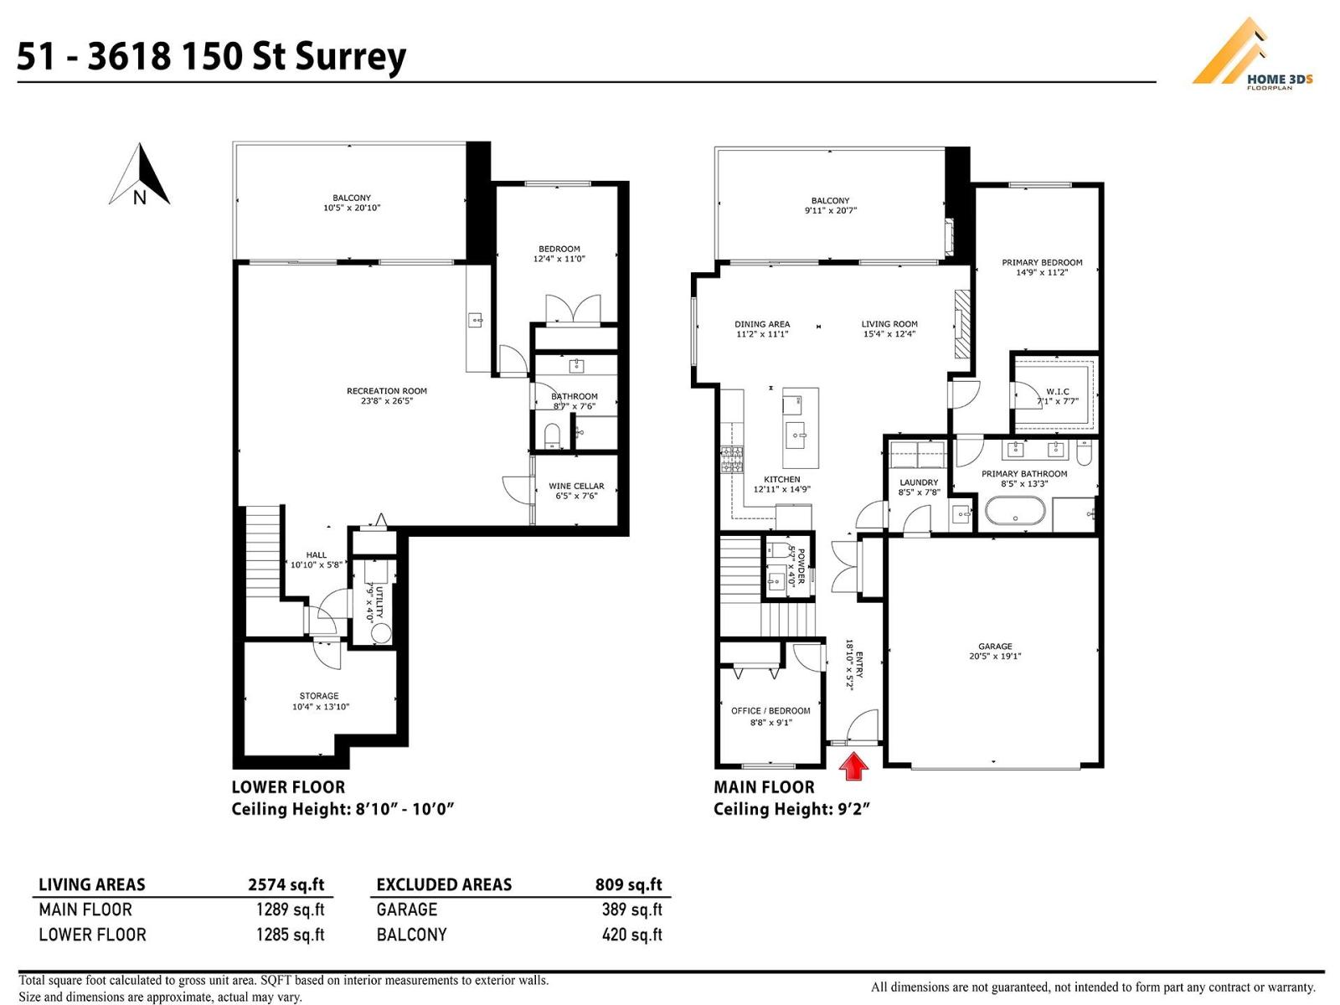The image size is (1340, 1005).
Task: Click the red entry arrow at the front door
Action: coord(854,765)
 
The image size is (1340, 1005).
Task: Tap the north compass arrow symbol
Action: coord(140,174)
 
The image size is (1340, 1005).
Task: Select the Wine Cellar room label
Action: coord(575,487)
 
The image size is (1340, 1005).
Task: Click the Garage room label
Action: coord(995,647)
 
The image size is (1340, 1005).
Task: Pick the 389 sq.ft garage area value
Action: coord(631,910)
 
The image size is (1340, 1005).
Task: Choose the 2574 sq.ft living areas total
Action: coord(286,884)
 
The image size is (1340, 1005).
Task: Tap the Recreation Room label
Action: coord(386,391)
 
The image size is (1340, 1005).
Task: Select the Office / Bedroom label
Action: coord(770,711)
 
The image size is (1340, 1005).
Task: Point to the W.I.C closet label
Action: coord(1058,392)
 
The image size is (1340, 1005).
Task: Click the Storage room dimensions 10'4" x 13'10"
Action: coord(321,707)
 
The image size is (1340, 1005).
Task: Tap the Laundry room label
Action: coord(918,482)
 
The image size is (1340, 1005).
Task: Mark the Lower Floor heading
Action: coord(288,787)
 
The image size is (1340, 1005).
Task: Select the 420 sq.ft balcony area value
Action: coord(631,935)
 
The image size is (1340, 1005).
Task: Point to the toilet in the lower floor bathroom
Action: coord(552,435)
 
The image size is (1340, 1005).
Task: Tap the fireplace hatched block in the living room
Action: coord(962,323)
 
